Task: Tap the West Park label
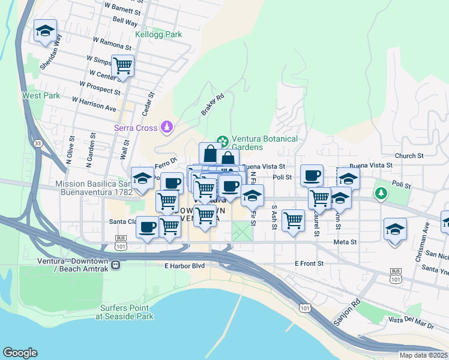pyautogui.click(x=41, y=95)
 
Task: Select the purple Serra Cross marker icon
pyautogui.click(x=167, y=127)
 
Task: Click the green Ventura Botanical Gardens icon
pyautogui.click(x=222, y=141)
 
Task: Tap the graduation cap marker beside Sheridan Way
pyautogui.click(x=44, y=32)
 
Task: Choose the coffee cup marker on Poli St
pyautogui.click(x=312, y=175)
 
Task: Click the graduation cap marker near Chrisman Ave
pyautogui.click(x=394, y=229)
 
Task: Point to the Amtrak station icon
pyautogui.click(x=115, y=264)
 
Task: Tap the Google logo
pyautogui.click(x=20, y=352)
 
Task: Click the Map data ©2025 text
pyautogui.click(x=423, y=355)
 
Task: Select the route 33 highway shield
pyautogui.click(x=38, y=143)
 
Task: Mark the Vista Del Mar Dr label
pyautogui.click(x=411, y=323)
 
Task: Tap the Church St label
pyautogui.click(x=409, y=156)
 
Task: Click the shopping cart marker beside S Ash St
pyautogui.click(x=293, y=220)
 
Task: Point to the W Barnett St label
pyautogui.click(x=124, y=11)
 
